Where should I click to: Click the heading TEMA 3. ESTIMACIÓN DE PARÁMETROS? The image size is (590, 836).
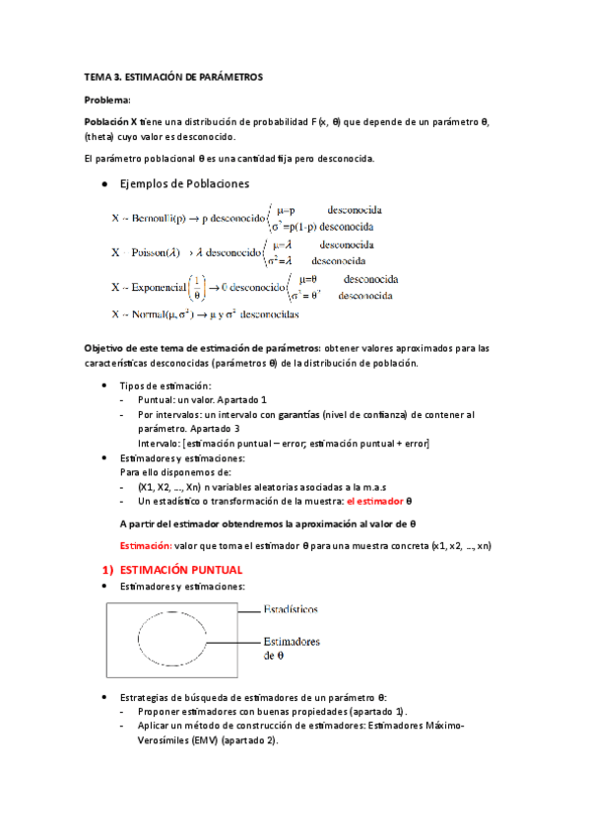173,77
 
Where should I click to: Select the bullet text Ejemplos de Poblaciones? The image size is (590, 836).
183,184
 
